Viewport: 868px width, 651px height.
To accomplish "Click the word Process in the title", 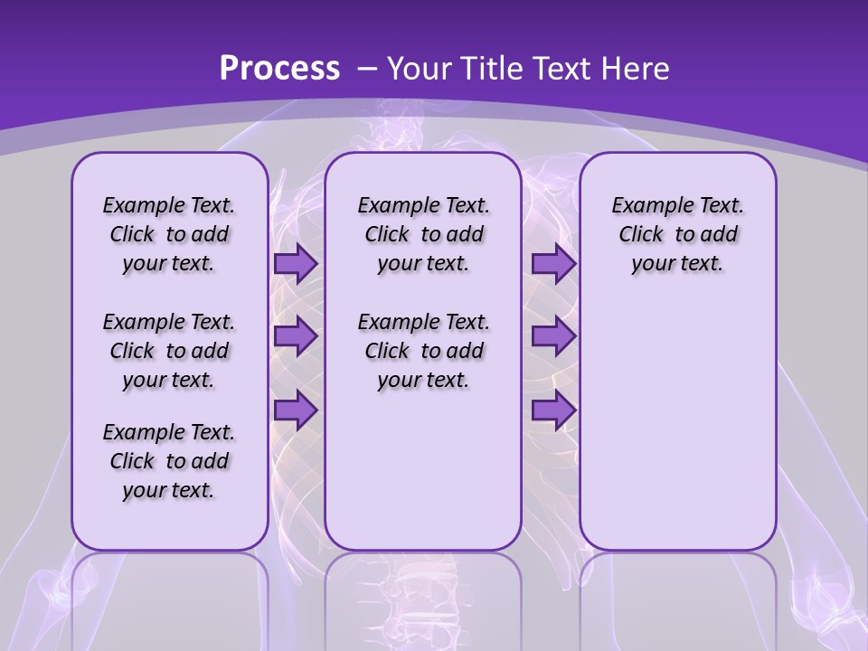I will click(x=279, y=69).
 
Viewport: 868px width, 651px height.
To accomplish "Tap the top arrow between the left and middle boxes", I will click(x=295, y=264).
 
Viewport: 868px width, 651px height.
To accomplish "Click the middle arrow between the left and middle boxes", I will click(x=295, y=336).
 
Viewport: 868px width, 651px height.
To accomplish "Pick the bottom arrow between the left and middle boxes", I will click(x=295, y=410).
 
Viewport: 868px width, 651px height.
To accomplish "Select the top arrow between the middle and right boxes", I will click(x=553, y=264).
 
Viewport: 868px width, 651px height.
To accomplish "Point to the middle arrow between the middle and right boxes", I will click(x=553, y=336).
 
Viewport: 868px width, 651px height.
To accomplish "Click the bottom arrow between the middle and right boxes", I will click(x=553, y=410).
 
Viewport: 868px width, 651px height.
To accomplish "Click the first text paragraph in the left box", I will click(x=169, y=235).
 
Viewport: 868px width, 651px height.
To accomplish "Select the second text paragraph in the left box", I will click(x=169, y=351).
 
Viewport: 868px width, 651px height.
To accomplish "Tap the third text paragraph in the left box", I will click(x=169, y=461).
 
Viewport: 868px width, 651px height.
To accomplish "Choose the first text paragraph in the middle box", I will click(x=423, y=235).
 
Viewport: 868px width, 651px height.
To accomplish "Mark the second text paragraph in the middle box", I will click(x=423, y=351).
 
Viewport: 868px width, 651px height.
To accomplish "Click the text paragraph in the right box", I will click(x=677, y=235).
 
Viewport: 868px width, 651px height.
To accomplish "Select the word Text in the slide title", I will click(x=558, y=69).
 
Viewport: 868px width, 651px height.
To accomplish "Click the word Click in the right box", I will click(x=641, y=235).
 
